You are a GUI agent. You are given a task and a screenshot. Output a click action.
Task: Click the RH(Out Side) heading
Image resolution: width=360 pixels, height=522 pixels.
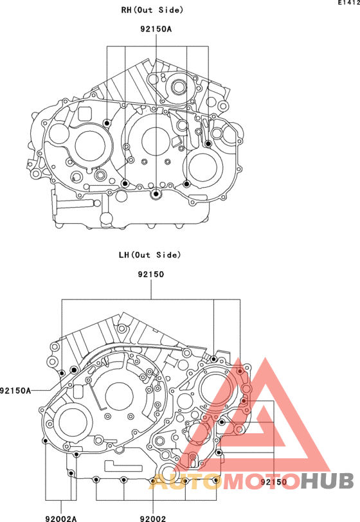[152, 10]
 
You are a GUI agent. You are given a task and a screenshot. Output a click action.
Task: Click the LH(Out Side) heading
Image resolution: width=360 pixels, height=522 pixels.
[150, 255]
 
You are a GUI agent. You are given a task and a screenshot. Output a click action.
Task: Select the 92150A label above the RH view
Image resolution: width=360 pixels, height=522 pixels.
[156, 29]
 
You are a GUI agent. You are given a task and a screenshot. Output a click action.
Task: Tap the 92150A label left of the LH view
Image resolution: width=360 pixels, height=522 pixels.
[15, 390]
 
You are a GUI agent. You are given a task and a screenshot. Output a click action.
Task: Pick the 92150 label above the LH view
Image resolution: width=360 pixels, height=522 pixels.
[151, 274]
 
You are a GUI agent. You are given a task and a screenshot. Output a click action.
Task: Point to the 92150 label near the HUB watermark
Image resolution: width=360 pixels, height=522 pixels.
[273, 482]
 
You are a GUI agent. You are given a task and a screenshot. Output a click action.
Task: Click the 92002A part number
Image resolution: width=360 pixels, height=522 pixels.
[61, 518]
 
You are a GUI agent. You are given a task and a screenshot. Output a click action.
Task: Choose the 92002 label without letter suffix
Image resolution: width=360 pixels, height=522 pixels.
[153, 518]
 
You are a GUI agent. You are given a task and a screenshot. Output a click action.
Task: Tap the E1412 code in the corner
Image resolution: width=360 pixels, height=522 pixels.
[349, 3]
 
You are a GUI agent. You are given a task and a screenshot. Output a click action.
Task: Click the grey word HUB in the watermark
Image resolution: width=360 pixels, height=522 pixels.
[327, 481]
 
